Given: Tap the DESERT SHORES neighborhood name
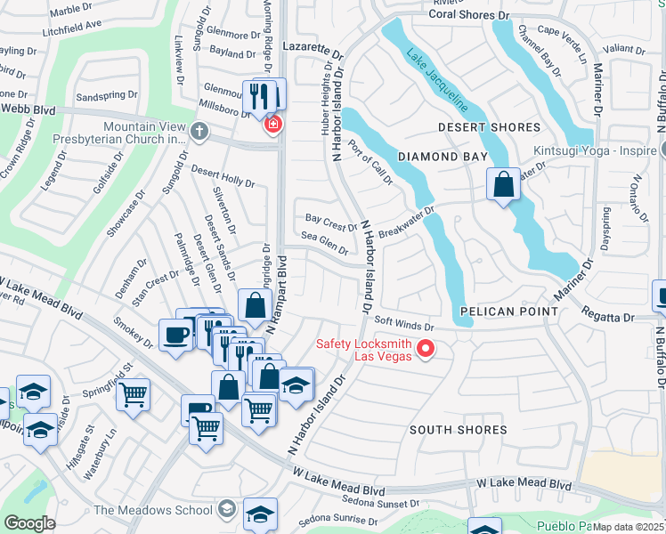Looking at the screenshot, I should coord(489,128).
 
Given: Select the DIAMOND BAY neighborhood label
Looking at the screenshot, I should coord(443,157).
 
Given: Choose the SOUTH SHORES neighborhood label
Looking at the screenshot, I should coord(458,430).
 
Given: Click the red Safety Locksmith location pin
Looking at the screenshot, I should coord(425,348).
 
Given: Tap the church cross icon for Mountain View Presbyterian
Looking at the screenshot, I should coord(199,133).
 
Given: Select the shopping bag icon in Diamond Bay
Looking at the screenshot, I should coord(503,185).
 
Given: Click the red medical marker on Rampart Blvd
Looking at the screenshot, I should coord(272,125).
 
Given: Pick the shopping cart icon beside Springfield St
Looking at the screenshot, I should coord(133,392).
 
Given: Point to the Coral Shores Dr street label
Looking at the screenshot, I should coord(471,15).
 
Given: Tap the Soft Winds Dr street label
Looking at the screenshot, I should coord(403,326).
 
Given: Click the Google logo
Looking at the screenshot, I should coord(29,522).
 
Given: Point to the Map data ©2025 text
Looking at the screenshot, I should coord(628,527).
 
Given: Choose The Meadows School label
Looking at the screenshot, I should coord(153,510).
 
